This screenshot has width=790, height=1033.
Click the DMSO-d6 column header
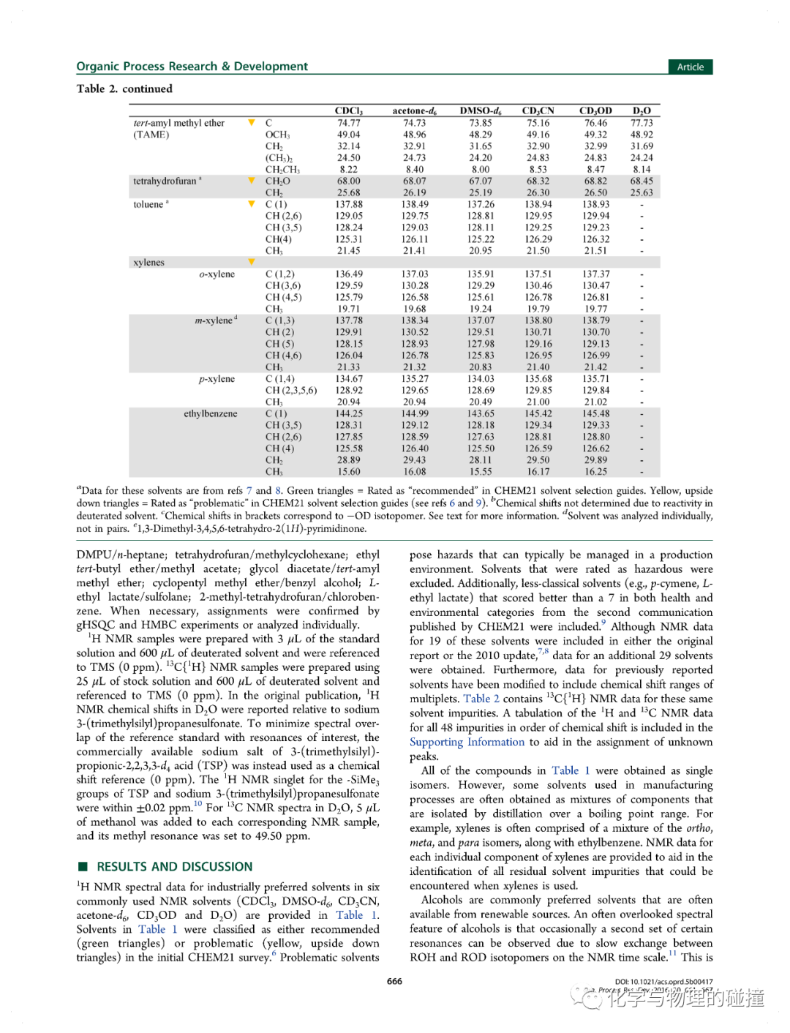point(480,111)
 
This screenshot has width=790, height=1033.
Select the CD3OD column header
point(595,111)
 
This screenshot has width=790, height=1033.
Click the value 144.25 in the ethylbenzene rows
point(349,413)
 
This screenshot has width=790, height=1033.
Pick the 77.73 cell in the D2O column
point(642,123)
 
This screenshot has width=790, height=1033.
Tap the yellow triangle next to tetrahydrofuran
point(252,181)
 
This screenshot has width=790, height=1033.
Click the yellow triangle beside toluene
point(252,204)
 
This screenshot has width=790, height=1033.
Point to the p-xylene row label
point(217,379)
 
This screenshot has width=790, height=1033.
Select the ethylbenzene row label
point(211,413)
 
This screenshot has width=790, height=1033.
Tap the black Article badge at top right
point(690,67)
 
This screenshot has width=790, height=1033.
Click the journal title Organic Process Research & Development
point(192,67)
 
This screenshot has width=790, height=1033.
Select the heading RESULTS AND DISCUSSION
point(175,867)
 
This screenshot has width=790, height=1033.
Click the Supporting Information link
point(467,742)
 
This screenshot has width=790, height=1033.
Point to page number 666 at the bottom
point(394,981)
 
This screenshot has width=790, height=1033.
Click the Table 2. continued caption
point(124,89)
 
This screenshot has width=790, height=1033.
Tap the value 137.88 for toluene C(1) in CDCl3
point(349,204)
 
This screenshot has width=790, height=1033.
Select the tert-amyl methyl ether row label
point(179,123)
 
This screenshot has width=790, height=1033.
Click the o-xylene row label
point(217,274)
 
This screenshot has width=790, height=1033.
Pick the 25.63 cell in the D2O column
point(642,192)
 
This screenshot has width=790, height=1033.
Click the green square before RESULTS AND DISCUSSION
point(83,867)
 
